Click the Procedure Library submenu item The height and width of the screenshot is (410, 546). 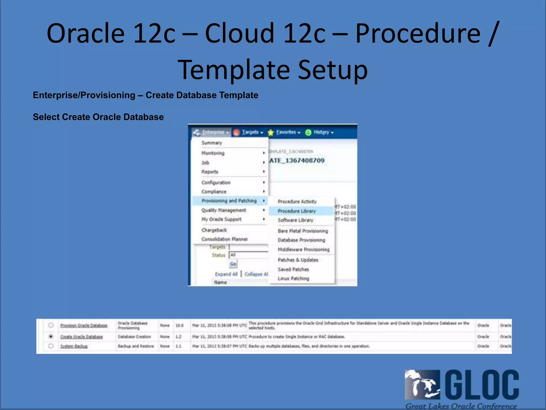[x=296, y=211]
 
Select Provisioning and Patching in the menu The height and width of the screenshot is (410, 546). [x=229, y=201]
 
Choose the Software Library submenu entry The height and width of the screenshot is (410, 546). [x=295, y=220]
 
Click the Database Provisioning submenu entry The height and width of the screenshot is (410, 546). [x=301, y=240]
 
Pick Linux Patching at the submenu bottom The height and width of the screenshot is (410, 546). [x=293, y=278]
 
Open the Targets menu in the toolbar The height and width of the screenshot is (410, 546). [x=250, y=132]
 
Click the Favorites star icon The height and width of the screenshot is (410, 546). [x=271, y=133]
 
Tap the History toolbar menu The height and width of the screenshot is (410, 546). [x=321, y=132]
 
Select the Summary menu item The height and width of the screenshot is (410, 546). [x=212, y=143]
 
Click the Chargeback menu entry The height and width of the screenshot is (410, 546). [x=214, y=230]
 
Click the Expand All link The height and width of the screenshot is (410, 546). [x=226, y=274]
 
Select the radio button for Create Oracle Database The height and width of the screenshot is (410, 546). [x=51, y=336]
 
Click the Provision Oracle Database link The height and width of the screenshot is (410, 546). [x=84, y=326]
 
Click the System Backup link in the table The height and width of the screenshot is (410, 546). [x=74, y=346]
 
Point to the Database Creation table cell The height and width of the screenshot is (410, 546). [x=134, y=337]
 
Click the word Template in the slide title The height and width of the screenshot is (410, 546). [x=234, y=70]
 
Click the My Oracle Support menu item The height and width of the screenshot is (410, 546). [x=221, y=219]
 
